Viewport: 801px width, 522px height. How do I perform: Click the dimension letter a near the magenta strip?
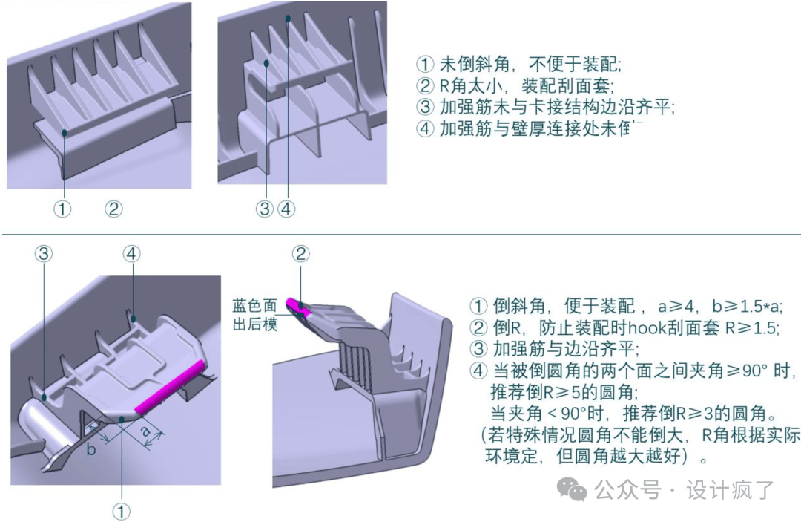[145, 431]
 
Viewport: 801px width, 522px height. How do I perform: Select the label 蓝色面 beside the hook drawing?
[254, 306]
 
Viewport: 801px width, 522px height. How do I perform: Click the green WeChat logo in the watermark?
[572, 489]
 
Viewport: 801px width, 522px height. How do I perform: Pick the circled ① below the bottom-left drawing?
[121, 511]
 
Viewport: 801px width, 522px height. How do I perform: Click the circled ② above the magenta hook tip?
[300, 254]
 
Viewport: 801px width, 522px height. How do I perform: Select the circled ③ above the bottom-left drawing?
[44, 254]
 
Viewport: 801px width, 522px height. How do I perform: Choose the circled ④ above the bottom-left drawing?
[131, 254]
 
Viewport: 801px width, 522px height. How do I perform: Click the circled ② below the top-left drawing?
[113, 209]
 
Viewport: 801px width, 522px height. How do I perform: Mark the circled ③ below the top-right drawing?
[265, 209]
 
